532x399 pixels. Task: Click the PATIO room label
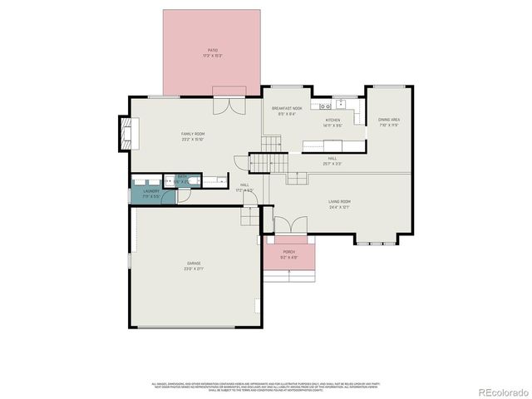coord(214,51)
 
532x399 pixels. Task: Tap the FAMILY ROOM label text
coord(193,133)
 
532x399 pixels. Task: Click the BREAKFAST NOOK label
coord(287,109)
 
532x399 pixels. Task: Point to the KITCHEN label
coord(332,121)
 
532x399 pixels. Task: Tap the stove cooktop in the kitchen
coord(318,106)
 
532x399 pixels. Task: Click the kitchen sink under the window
coord(339,106)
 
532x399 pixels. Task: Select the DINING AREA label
coord(389,120)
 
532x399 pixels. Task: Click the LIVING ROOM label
coord(338,201)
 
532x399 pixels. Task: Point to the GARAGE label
coord(193,264)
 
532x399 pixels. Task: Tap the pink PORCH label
coord(289,251)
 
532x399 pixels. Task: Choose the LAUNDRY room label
coord(150,191)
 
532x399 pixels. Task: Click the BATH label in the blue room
coord(182,176)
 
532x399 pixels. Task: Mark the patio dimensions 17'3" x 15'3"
coord(214,56)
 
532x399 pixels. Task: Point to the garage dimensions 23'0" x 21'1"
coord(193,269)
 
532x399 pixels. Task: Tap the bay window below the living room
coord(377,242)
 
